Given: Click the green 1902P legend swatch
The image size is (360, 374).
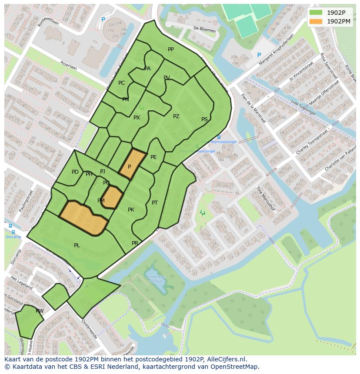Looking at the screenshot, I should [x=316, y=13].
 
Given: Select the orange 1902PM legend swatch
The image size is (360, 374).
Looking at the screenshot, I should [x=316, y=21].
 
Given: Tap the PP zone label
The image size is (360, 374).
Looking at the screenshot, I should [x=171, y=50].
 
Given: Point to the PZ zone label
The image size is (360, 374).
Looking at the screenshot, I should [x=176, y=116].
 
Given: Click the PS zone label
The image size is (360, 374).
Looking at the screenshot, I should [x=204, y=119].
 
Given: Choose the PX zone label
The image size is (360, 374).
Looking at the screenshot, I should [x=137, y=118].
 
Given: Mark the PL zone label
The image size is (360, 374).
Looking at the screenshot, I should [x=77, y=245].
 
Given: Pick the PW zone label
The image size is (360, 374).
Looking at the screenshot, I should [x=40, y=311].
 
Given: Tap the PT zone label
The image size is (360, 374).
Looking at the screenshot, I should [x=155, y=203].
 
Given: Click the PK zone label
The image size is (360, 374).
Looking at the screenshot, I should [x=131, y=210].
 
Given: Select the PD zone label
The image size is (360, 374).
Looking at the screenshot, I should [x=75, y=172].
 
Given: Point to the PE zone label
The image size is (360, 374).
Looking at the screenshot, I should [x=153, y=157].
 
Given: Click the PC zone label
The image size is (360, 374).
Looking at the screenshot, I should [x=121, y=83].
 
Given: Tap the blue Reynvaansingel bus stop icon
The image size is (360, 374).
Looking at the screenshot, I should [x=219, y=137].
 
